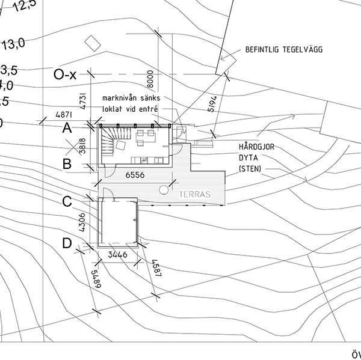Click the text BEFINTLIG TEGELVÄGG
tap(283, 50)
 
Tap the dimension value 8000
tap(150, 79)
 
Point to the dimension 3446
tap(117, 255)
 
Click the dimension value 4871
tap(64, 114)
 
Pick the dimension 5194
tap(211, 103)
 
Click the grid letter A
tap(67, 127)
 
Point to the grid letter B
tap(67, 163)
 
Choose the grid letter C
tap(67, 202)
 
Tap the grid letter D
tap(67, 243)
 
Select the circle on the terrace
tap(164, 191)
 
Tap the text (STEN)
tap(250, 169)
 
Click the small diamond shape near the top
tap(92, 43)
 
